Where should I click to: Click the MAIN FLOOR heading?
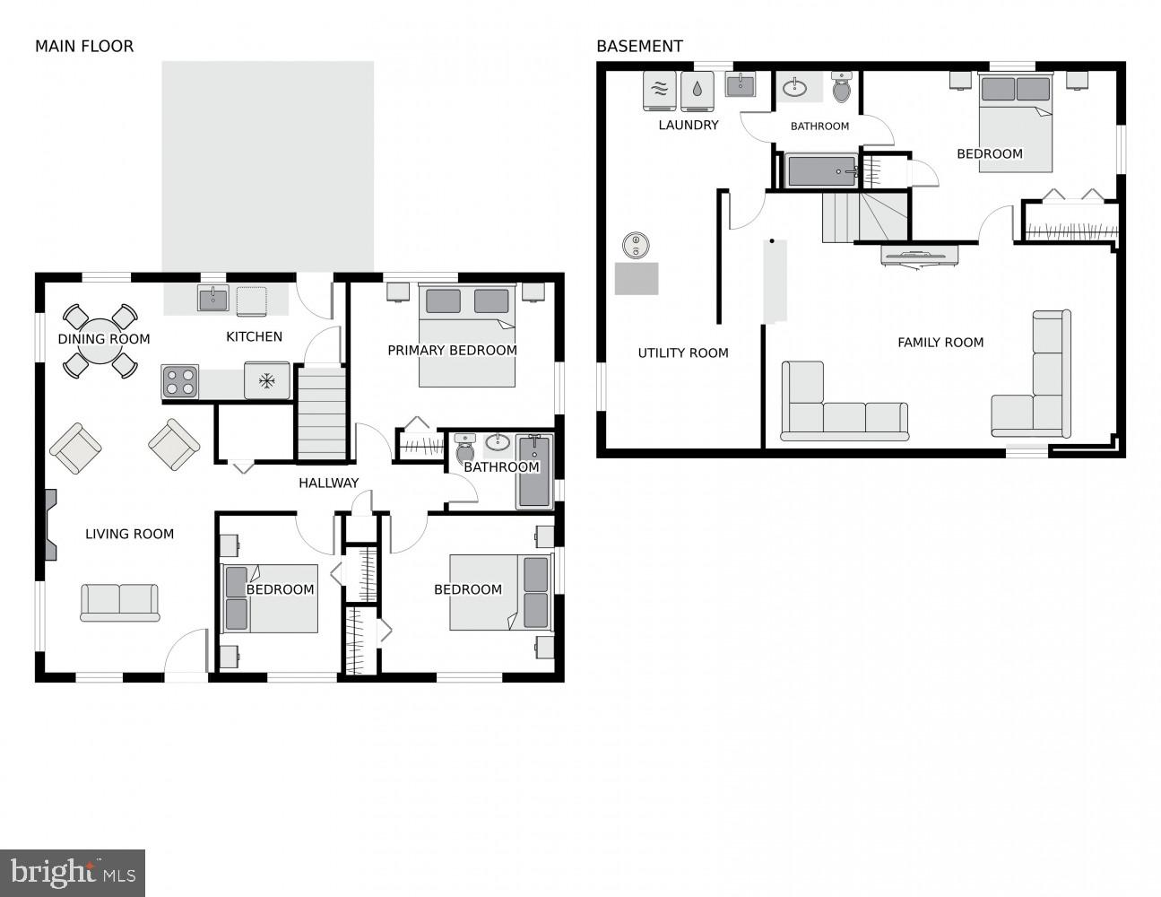pos(83,47)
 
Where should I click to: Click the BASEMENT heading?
pos(639,47)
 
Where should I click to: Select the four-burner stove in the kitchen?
pos(179,382)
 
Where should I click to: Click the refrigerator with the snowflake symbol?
pos(266,381)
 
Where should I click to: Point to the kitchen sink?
pos(212,298)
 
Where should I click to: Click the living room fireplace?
pos(49,525)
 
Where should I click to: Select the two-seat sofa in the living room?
pos(120,602)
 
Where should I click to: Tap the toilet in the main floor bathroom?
pos(464,447)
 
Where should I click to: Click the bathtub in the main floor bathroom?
pos(533,471)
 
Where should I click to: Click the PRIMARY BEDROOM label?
pos(452,351)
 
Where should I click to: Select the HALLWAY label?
pos(328,483)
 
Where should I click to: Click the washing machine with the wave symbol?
pos(659,90)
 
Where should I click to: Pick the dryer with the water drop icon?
pos(697,90)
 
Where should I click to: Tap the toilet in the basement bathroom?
pos(842,88)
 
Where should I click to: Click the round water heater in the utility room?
pos(636,243)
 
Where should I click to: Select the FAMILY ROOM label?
pos(940,343)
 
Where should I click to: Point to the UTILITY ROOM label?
pos(682,353)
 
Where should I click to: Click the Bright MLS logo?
pos(73,873)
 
